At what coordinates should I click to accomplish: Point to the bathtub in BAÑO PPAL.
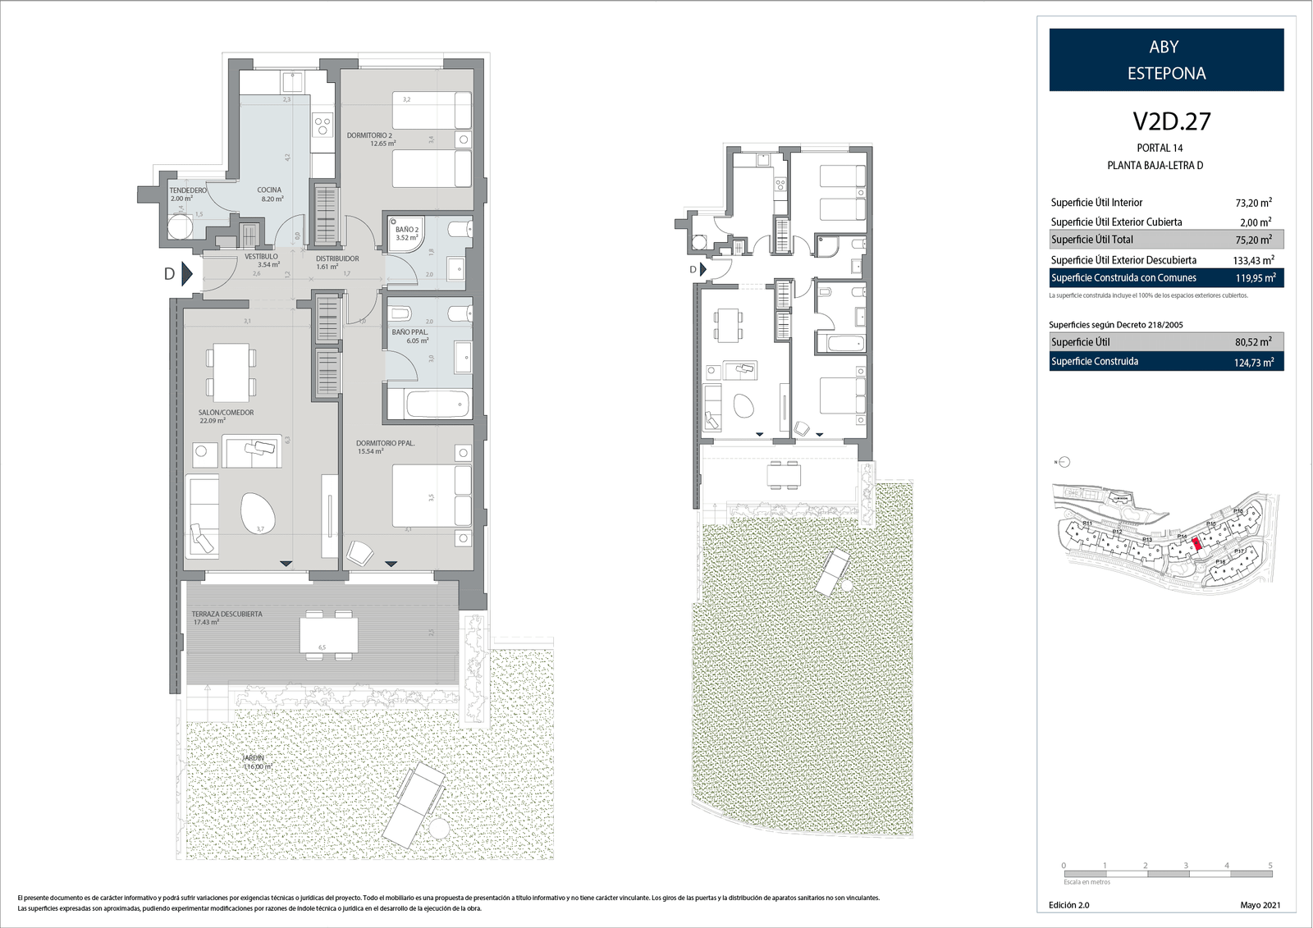pos(428,404)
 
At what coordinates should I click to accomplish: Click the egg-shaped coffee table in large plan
pos(258,514)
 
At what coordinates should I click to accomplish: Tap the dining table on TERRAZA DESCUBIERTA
pos(328,634)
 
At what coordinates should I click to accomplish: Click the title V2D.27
pos(1171,121)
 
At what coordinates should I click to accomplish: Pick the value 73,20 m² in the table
pos(1253,203)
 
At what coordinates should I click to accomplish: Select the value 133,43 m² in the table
pos(1253,260)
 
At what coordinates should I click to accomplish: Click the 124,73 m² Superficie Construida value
pos(1253,362)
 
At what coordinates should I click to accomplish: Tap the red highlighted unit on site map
pos(1196,543)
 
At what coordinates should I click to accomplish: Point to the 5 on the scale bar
pos(1270,865)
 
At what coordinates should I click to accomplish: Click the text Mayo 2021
pos(1260,905)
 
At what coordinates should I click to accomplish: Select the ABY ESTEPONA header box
pos(1166,60)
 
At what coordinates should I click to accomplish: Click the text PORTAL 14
pos(1160,148)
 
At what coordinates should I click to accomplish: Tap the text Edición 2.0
pos(1068,905)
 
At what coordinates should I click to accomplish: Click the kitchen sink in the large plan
pos(292,82)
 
